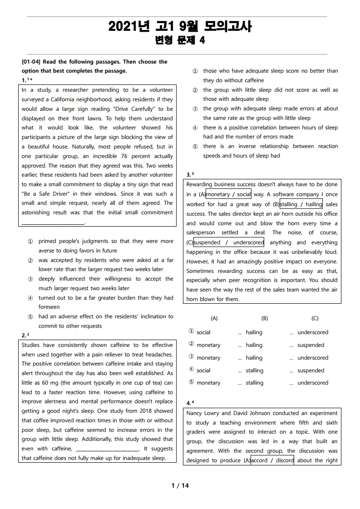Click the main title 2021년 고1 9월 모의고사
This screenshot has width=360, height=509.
(x=180, y=27)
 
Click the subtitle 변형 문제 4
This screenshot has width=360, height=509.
(x=180, y=40)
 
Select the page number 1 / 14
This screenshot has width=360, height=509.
(x=180, y=485)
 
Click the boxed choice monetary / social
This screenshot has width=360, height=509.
(x=228, y=194)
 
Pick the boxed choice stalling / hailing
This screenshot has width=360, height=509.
(x=301, y=204)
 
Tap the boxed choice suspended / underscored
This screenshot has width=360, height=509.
(x=229, y=242)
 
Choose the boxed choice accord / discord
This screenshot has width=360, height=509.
(x=272, y=460)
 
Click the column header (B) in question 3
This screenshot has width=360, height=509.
(x=265, y=318)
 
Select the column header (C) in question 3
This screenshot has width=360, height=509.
(x=315, y=318)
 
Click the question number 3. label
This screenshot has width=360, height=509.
(x=189, y=175)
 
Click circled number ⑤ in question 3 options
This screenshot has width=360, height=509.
(x=191, y=382)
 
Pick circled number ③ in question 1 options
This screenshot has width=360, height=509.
(x=30, y=279)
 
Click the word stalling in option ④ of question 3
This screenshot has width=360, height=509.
(x=254, y=371)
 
